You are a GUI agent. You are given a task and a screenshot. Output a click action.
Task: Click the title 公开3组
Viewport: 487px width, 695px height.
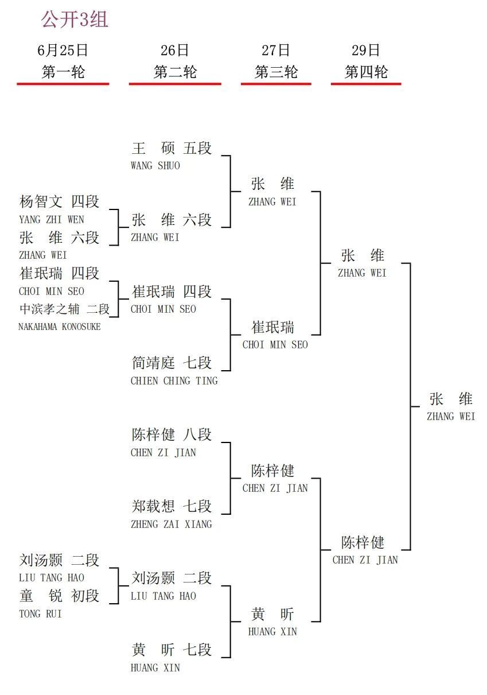(75, 20)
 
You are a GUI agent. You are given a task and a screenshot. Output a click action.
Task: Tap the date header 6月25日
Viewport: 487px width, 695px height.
(63, 51)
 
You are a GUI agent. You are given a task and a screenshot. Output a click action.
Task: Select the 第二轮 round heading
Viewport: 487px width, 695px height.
(176, 72)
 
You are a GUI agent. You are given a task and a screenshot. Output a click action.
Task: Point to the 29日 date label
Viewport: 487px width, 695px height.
(366, 51)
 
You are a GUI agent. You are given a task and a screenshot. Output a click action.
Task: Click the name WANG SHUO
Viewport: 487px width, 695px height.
(155, 165)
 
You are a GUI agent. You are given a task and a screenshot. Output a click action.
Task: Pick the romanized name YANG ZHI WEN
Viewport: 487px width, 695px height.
(52, 220)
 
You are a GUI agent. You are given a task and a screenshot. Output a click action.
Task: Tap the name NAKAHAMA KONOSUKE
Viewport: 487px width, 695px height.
(60, 327)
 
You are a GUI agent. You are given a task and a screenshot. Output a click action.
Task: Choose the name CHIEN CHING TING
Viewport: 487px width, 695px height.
(174, 380)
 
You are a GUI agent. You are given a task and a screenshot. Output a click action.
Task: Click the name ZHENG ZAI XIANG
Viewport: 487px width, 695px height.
(172, 525)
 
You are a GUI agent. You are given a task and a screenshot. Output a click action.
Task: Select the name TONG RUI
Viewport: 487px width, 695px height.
(40, 614)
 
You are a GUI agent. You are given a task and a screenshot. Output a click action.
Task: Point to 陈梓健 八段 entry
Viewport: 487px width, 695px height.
(172, 434)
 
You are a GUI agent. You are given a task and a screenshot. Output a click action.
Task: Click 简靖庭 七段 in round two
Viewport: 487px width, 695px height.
(172, 363)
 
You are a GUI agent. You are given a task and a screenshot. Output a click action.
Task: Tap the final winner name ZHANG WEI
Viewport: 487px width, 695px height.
(451, 417)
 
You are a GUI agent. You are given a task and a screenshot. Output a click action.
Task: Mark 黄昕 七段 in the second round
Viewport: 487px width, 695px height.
(172, 650)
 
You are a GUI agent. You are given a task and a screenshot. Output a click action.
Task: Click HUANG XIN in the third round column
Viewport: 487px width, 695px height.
(272, 631)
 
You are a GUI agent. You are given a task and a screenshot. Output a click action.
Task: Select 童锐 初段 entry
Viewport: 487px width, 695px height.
(59, 595)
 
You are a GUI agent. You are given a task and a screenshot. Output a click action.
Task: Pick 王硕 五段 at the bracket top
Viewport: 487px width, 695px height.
(172, 148)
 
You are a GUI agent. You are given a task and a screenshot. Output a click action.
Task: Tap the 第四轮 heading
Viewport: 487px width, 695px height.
(366, 72)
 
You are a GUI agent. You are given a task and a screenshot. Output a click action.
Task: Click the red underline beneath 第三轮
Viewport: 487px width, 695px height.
(276, 83)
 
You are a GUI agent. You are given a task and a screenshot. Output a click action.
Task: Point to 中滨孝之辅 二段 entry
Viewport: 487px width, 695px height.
(64, 309)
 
